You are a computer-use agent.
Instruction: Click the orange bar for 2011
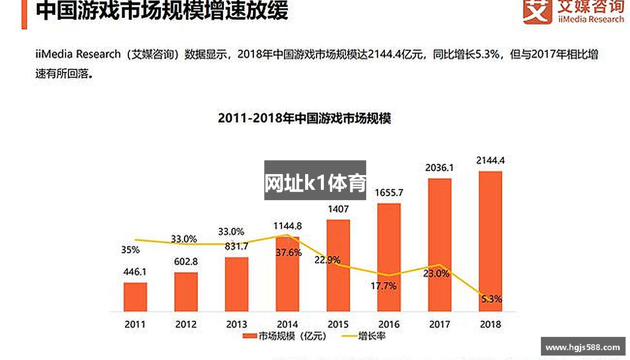coord(135,297)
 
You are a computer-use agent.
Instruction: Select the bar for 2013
coord(237,284)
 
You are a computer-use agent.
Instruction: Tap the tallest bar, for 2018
coord(490,241)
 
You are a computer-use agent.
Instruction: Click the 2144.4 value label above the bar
coord(490,160)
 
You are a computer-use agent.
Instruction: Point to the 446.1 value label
coord(135,272)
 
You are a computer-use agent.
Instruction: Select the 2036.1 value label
coord(440,168)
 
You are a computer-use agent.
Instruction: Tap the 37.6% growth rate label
coord(288,252)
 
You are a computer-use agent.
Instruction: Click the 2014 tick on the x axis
coord(287,324)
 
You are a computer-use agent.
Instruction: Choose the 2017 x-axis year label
coord(440,324)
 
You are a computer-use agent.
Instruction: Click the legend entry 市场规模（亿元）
coord(285,336)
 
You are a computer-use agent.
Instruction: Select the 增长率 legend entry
coord(365,336)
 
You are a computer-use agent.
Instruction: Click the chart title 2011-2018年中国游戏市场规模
coord(304,119)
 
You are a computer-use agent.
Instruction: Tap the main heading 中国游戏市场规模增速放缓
coord(162,11)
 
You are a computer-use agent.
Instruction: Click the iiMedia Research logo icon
coord(537,11)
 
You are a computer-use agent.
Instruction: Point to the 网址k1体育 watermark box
coord(315,180)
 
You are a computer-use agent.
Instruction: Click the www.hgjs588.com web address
coord(583,347)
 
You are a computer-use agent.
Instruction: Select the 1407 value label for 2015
coord(338,209)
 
